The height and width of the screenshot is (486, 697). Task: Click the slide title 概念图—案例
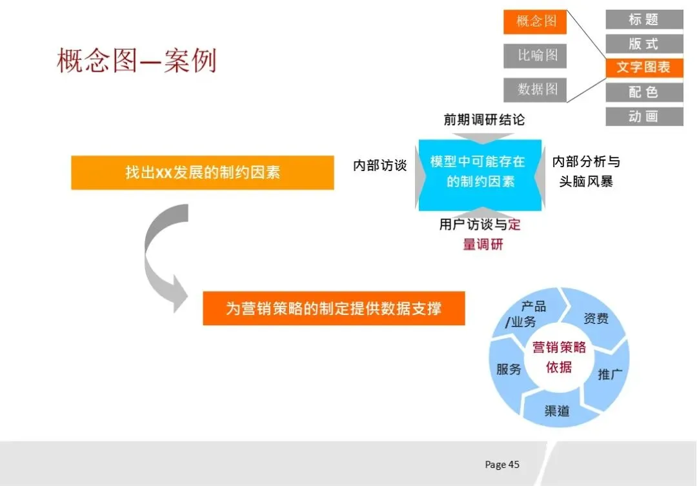pos(136,61)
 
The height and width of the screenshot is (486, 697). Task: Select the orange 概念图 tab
pos(535,22)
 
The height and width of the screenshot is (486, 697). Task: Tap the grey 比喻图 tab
pos(535,56)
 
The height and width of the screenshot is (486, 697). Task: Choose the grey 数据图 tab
pos(535,89)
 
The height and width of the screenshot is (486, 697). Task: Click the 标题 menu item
pos(643,19)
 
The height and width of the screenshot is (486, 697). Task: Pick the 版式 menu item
pos(643,44)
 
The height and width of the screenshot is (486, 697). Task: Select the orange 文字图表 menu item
pos(643,68)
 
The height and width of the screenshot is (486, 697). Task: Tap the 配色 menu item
pos(643,92)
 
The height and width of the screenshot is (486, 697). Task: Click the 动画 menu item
pos(643,117)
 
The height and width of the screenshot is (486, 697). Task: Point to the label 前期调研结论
pos(484,119)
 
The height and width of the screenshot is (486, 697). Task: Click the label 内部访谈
pos(380,166)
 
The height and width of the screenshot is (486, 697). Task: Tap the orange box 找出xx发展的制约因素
pos(202,173)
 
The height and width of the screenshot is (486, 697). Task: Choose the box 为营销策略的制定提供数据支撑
pos(334,309)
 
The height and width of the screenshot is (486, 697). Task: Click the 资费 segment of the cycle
pos(595,319)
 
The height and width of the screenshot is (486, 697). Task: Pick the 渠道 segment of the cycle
pos(557,410)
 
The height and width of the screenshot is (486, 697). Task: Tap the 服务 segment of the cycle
pos(509,370)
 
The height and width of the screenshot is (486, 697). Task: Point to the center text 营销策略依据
pos(559,357)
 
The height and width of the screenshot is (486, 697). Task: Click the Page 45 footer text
pos(502,465)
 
